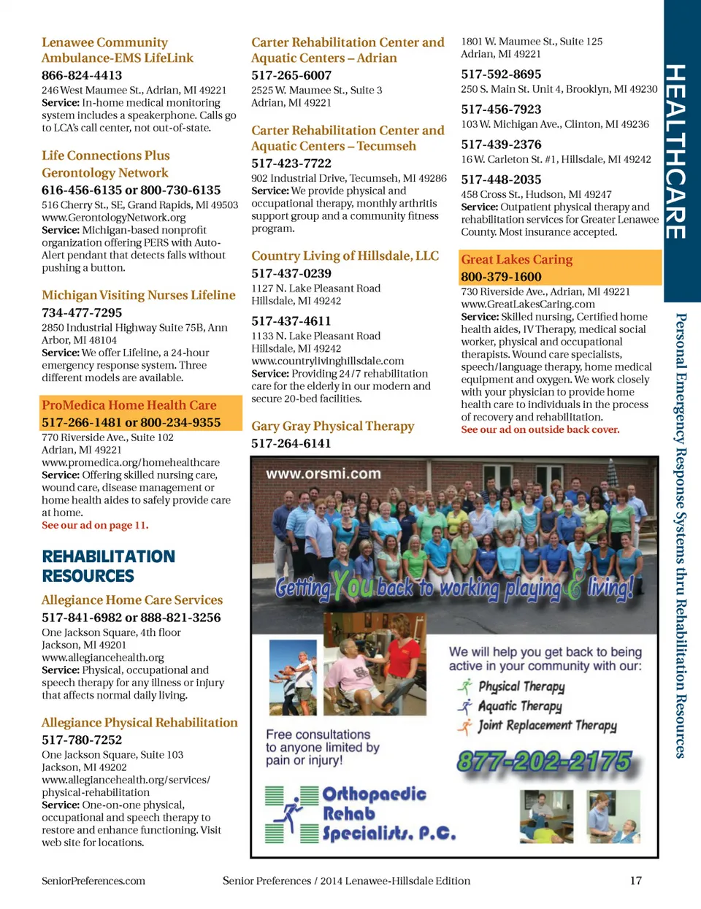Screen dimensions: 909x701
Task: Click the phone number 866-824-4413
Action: coord(82,75)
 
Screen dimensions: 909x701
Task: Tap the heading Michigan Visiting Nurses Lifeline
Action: coord(139,295)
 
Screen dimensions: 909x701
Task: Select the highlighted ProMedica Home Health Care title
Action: coord(129,405)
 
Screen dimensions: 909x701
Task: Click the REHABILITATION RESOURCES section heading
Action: coord(108,566)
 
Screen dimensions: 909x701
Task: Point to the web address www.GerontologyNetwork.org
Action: coord(113,218)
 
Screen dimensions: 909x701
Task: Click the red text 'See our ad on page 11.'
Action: coord(95,526)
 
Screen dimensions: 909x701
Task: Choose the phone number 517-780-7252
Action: coord(82,740)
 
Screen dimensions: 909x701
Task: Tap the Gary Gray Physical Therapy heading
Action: coord(332,426)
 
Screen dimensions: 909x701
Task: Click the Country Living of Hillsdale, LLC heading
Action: coord(345,256)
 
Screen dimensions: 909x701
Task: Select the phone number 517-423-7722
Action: coord(291,164)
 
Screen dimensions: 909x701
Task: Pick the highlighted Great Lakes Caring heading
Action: coord(516,259)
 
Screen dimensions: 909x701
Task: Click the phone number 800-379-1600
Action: coord(501,277)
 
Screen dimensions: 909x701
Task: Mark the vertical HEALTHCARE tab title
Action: coord(675,151)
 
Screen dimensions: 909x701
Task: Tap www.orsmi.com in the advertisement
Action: coord(323,474)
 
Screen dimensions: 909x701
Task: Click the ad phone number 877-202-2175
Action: coord(543,762)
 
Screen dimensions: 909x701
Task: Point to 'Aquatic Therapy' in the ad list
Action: coord(519,706)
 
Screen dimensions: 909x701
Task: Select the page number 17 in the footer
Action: coord(636,881)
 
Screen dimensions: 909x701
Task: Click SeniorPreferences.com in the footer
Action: coord(93,881)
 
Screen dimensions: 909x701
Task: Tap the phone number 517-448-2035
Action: coord(501,180)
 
